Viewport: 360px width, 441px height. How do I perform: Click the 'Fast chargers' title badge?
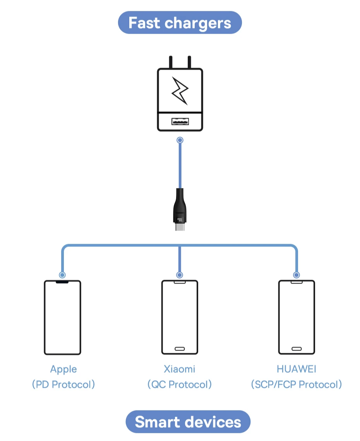click(180, 22)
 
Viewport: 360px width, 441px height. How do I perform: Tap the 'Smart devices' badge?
click(188, 422)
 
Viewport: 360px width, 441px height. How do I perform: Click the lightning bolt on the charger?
click(180, 91)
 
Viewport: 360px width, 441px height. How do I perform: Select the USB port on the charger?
click(180, 121)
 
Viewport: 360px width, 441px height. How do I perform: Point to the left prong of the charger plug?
click(171, 62)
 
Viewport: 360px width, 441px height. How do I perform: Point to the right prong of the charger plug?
click(189, 62)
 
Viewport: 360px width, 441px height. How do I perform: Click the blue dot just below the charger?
click(180, 140)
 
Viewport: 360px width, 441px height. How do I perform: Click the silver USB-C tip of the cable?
click(180, 227)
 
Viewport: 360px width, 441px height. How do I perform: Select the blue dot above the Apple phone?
click(62, 275)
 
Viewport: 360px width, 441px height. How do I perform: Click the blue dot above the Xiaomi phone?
click(180, 275)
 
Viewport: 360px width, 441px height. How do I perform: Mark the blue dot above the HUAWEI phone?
click(297, 275)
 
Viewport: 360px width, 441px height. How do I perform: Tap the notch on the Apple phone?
click(62, 282)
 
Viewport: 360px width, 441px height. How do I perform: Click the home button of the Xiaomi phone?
click(180, 349)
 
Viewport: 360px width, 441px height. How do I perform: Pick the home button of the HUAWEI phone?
click(297, 349)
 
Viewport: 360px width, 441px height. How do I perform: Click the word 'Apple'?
click(63, 369)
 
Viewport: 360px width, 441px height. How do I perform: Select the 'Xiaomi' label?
click(180, 369)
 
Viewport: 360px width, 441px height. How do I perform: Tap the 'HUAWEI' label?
click(297, 369)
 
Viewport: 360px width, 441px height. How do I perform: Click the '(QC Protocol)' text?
click(180, 385)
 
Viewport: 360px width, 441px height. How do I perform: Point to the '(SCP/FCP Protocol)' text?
click(297, 385)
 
